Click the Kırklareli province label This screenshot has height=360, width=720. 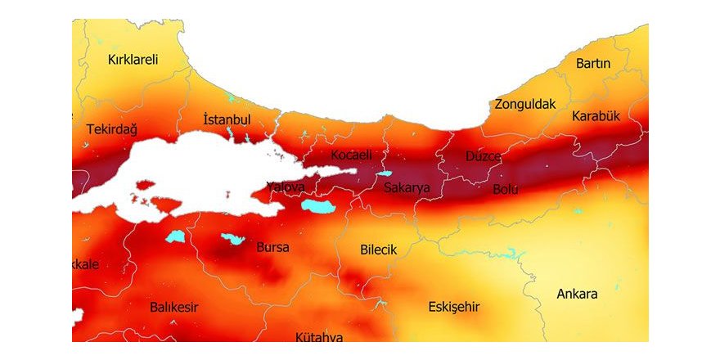click(x=133, y=59)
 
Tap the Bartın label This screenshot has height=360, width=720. click(x=593, y=63)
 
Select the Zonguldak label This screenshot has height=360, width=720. click(x=524, y=104)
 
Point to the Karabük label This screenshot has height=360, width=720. click(x=596, y=116)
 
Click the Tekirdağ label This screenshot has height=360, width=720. click(x=111, y=129)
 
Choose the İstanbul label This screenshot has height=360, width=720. click(x=226, y=120)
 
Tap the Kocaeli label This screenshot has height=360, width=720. click(x=352, y=155)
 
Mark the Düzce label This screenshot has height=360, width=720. click(x=483, y=155)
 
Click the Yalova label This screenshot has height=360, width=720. click(x=286, y=187)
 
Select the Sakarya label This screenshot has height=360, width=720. click(x=407, y=187)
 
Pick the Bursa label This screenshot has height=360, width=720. click(x=272, y=246)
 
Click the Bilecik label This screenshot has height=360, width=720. click(x=378, y=250)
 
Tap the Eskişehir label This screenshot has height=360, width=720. click(x=454, y=307)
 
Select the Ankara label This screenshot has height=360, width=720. click(x=577, y=294)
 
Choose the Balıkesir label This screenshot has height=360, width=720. click(x=174, y=307)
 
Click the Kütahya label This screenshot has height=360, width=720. click(x=319, y=336)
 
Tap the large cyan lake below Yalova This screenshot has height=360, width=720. click(x=318, y=205)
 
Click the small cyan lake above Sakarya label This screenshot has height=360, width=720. click(x=385, y=173)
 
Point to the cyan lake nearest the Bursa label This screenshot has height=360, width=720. click(x=232, y=239)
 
